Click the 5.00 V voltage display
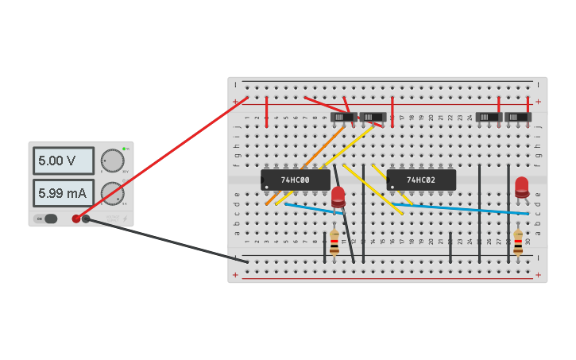click(63, 161)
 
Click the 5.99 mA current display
click(63, 193)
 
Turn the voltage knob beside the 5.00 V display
click(113, 161)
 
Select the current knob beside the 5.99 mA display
click(113, 193)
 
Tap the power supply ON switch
click(49, 219)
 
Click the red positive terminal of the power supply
click(76, 219)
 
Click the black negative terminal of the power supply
click(86, 219)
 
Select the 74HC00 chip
click(296, 180)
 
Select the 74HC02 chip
click(421, 180)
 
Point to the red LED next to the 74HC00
click(338, 195)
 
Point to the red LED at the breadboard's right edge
click(521, 186)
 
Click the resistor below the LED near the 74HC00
click(334, 242)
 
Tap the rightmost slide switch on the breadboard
click(518, 118)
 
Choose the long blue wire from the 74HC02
click(469, 208)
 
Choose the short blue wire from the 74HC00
click(314, 209)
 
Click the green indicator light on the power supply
click(125, 149)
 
